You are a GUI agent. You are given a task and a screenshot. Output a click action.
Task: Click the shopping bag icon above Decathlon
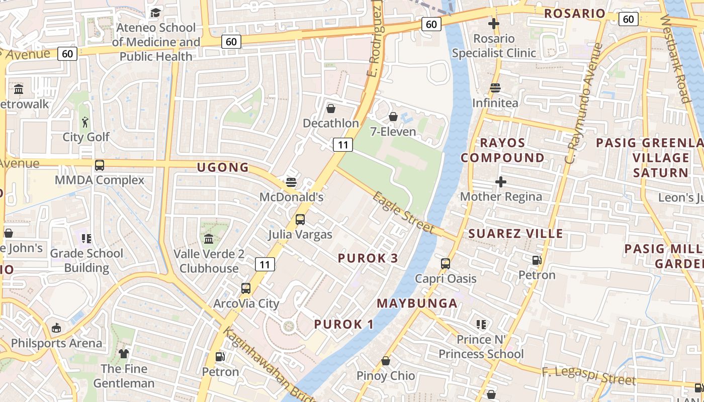(331, 109)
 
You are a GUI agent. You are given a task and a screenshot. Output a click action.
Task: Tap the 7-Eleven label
(393, 132)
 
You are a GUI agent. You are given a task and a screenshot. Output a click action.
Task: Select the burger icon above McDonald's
(291, 182)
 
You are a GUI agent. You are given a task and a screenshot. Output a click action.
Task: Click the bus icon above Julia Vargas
(300, 220)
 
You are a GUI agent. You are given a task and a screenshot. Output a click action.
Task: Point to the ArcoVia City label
(246, 304)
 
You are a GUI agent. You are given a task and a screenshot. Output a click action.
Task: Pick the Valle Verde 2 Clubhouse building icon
(209, 239)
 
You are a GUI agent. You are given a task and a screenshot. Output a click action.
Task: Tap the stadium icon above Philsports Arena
(56, 328)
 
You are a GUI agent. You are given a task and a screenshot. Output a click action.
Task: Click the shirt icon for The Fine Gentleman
(124, 354)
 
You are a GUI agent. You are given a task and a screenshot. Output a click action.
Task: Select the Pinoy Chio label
(386, 375)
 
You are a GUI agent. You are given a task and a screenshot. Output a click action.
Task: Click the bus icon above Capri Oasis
(446, 263)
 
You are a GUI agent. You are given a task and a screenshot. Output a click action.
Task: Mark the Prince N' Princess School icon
(481, 325)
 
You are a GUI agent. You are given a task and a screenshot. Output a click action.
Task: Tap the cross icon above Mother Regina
(501, 182)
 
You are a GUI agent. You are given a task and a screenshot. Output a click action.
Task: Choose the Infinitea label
(495, 103)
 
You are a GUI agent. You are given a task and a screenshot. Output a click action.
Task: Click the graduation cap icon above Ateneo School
(155, 13)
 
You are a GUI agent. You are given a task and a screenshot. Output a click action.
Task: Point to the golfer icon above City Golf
(85, 122)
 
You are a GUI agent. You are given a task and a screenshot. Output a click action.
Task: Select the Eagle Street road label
(403, 213)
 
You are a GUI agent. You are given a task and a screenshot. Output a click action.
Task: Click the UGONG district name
(223, 167)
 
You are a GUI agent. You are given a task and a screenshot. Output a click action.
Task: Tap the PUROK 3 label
(368, 258)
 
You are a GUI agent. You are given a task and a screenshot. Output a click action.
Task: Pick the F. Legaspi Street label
(588, 376)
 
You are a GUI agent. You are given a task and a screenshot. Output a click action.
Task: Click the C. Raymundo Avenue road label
(583, 103)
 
